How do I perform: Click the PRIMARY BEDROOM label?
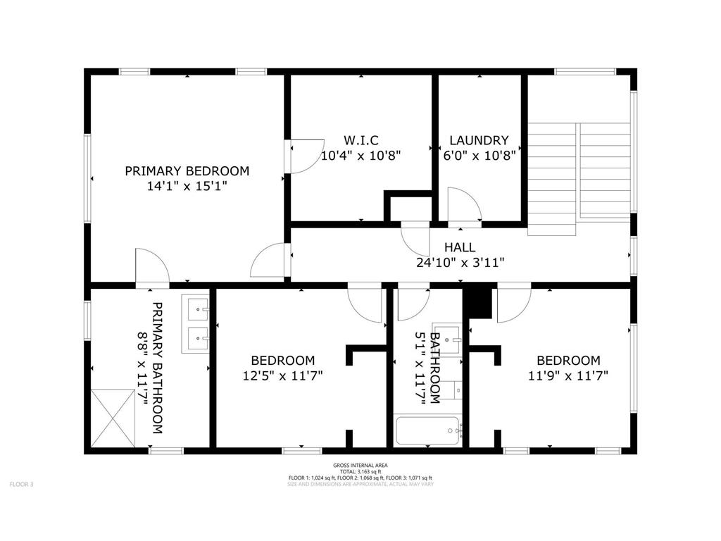[x=187, y=170]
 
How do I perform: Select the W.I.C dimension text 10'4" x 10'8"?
[x=360, y=156]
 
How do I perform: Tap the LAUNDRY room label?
[x=479, y=140]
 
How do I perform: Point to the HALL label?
[x=459, y=247]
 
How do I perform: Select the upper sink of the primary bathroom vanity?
[x=196, y=309]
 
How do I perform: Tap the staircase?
[x=579, y=176]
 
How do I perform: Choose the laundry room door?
[x=463, y=206]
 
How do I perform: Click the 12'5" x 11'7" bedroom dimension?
[x=282, y=375]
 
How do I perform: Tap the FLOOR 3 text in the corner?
[x=21, y=484]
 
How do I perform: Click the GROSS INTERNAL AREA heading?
[x=360, y=466]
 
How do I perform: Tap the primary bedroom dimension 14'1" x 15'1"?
[x=187, y=187]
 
